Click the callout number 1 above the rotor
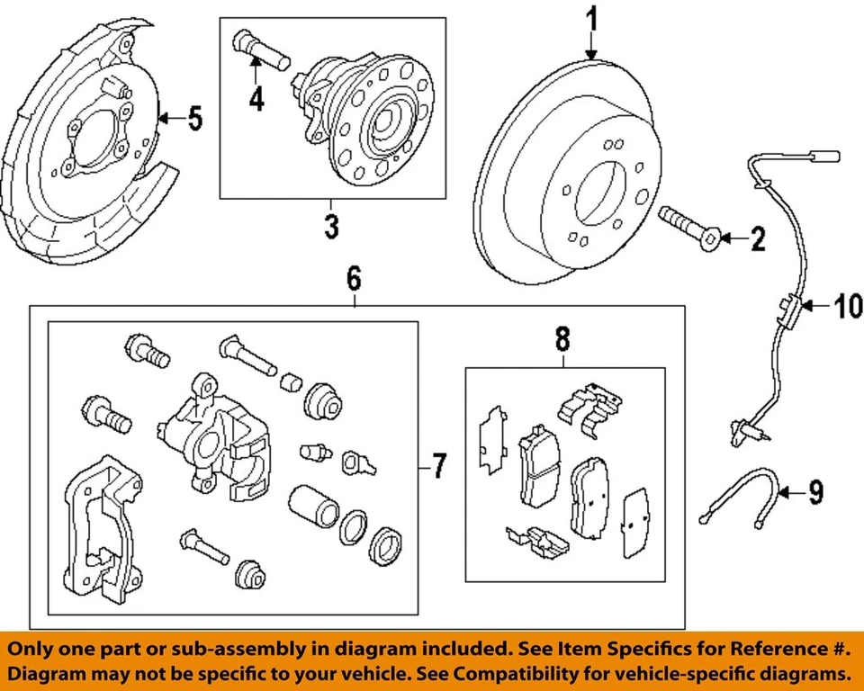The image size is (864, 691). (x=591, y=20)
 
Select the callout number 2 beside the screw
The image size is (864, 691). (x=758, y=238)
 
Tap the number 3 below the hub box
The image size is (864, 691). (x=331, y=226)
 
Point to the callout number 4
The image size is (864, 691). (x=256, y=98)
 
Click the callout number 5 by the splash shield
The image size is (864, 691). (x=195, y=118)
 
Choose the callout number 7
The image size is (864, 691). (x=438, y=466)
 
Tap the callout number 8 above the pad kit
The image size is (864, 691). (x=562, y=339)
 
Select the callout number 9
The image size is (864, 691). (x=815, y=492)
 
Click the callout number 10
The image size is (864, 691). (x=847, y=306)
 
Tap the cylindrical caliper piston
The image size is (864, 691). (x=312, y=506)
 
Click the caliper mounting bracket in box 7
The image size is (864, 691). (x=103, y=530)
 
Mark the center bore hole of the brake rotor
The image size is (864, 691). (x=600, y=194)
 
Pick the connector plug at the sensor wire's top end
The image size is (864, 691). (x=824, y=157)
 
